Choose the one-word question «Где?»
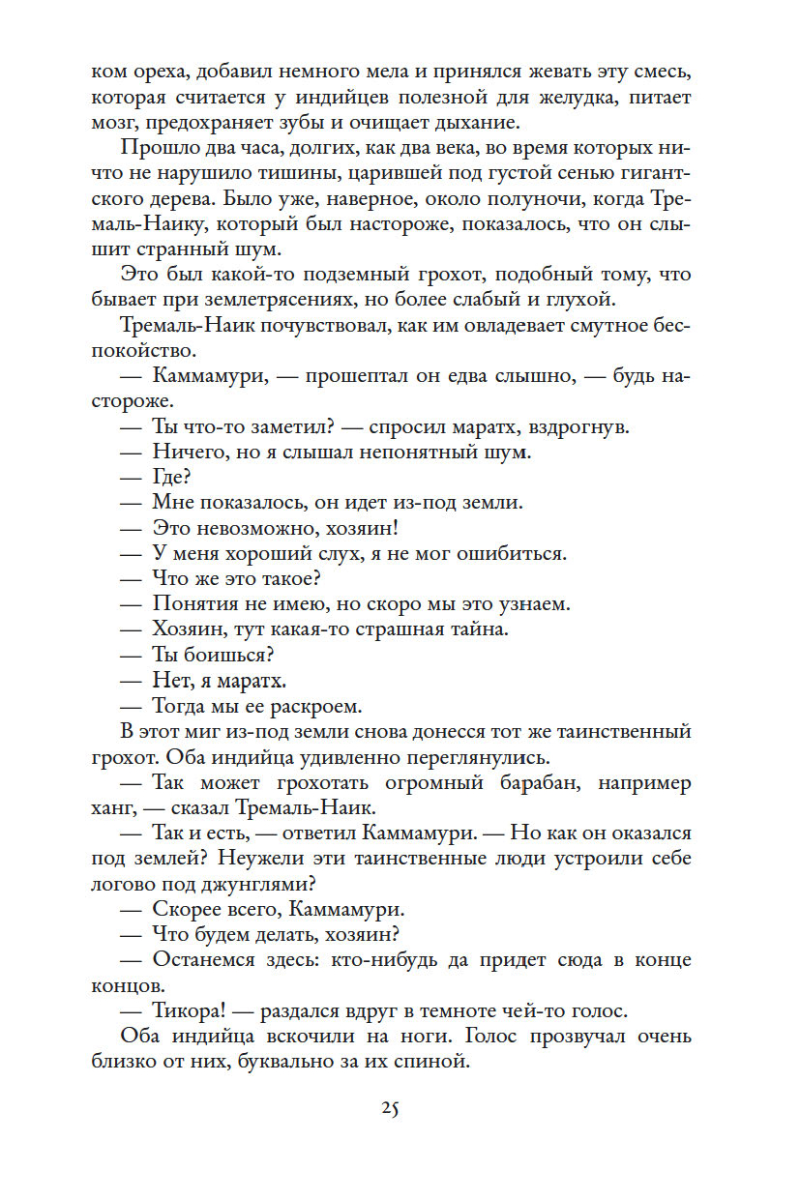171,477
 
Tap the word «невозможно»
252,528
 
